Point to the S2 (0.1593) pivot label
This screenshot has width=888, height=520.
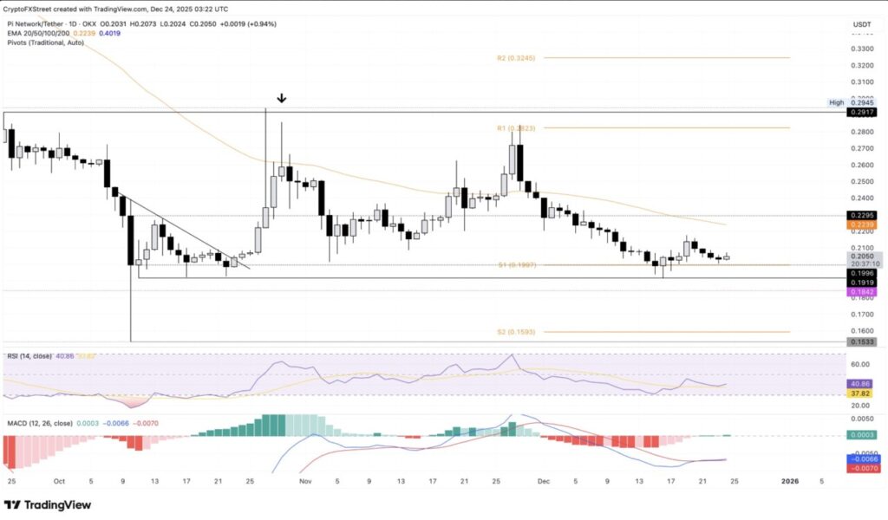515,332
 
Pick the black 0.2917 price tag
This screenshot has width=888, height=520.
861,113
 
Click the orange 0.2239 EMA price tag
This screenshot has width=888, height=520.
861,224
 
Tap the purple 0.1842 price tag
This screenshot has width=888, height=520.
861,292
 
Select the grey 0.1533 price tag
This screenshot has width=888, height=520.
861,342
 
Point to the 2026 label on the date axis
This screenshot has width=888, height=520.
789,479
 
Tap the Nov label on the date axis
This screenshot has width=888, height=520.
304,479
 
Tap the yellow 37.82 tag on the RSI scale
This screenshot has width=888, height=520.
861,392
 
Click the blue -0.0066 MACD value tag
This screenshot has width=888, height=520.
861,458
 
